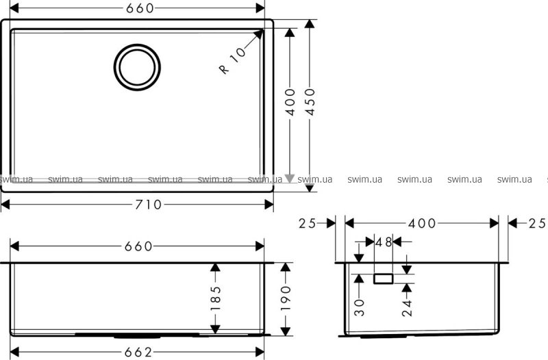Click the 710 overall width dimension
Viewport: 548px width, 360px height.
[x=149, y=205]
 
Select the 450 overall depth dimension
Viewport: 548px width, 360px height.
[x=310, y=101]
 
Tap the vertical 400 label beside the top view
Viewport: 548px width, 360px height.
[x=290, y=102]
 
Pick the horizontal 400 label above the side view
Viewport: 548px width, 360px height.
[x=422, y=224]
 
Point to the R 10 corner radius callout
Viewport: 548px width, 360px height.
[x=232, y=60]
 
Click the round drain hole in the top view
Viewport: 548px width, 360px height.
[x=137, y=67]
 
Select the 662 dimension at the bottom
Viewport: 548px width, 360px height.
[x=138, y=352]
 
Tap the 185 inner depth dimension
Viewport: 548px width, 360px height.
[x=216, y=298]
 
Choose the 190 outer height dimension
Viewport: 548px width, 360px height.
[x=286, y=298]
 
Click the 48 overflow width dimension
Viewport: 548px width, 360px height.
[x=384, y=242]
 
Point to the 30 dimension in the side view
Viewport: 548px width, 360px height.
[x=359, y=307]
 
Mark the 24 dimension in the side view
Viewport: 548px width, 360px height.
[x=407, y=307]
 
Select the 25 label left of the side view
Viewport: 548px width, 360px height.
[x=307, y=224]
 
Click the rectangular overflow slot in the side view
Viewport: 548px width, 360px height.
[x=384, y=279]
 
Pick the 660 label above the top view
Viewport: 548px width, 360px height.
[x=140, y=8]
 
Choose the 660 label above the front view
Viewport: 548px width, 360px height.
[x=139, y=246]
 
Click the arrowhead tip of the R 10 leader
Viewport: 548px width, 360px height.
[x=263, y=30]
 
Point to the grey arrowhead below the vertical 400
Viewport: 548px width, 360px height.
[x=290, y=179]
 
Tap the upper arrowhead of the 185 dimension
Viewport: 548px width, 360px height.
[x=215, y=267]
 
